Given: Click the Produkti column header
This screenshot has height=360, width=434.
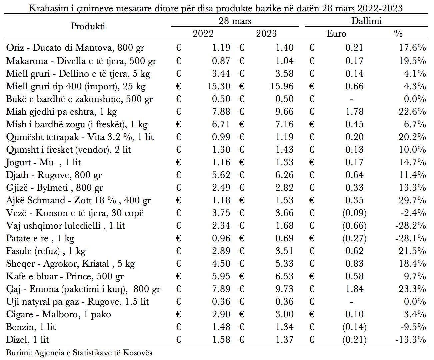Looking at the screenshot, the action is tap(88, 26).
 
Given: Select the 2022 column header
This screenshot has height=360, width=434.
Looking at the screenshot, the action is tap(203, 34).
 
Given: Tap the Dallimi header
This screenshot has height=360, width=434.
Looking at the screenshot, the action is tap(366, 21).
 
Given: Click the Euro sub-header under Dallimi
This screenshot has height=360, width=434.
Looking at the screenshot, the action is tap(336, 34).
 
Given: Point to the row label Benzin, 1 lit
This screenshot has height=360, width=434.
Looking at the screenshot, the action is tap(31, 327).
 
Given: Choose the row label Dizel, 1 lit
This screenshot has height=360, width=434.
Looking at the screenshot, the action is tap(27, 340).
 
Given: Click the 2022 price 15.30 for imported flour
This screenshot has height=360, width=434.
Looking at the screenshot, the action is tap(219, 86).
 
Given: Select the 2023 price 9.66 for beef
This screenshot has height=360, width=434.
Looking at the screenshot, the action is tap(284, 112).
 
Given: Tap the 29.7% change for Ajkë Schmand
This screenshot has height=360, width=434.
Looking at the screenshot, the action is tap(412, 200).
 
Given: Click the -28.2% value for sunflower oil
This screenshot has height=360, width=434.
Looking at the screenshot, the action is tap(411, 226).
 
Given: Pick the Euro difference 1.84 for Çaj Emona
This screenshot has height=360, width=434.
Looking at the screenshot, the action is tap(354, 289).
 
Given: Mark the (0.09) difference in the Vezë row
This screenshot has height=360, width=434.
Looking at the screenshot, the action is tap(354, 213).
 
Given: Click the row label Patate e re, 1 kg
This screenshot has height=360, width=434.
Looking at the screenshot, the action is tap(40, 238).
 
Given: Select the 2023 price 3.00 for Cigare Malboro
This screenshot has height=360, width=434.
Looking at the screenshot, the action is tap(284, 314).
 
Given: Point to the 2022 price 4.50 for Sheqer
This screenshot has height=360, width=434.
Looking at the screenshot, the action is tap(221, 264).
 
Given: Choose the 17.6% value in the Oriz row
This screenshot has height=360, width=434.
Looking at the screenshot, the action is tap(412, 48).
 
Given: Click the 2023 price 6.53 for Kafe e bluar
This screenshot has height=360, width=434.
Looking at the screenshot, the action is tap(284, 276).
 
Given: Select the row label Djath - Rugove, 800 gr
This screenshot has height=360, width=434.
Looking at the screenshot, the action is tap(54, 175).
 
